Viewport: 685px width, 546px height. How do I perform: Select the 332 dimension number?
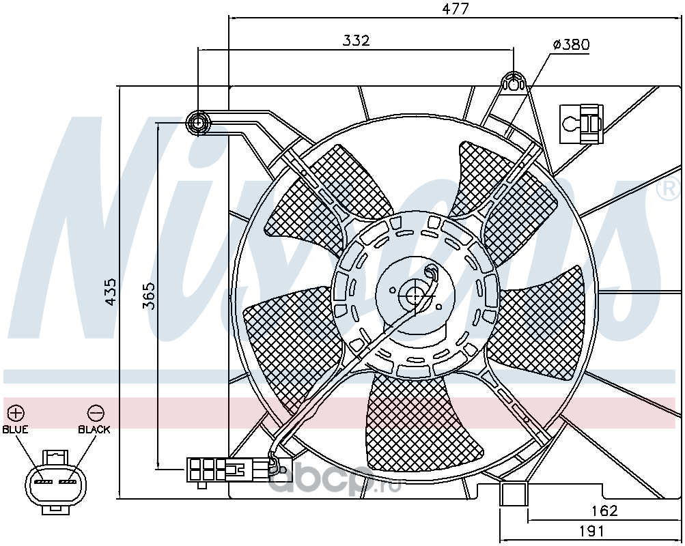tap(356, 40)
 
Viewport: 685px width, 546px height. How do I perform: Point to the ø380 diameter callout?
tap(571, 45)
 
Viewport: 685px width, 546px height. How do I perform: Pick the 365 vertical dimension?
tap(149, 296)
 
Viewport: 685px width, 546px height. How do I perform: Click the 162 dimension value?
tap(604, 510)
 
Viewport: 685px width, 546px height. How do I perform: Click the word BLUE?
tap(15, 429)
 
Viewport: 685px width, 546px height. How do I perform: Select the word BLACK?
tap(94, 429)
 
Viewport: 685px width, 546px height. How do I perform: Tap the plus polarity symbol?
tap(16, 413)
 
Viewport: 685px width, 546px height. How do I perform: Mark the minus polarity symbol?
tap(96, 413)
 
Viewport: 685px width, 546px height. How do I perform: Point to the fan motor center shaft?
tap(415, 296)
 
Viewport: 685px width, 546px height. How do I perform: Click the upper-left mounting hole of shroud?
tap(199, 123)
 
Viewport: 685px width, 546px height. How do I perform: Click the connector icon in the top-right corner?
tap(581, 124)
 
